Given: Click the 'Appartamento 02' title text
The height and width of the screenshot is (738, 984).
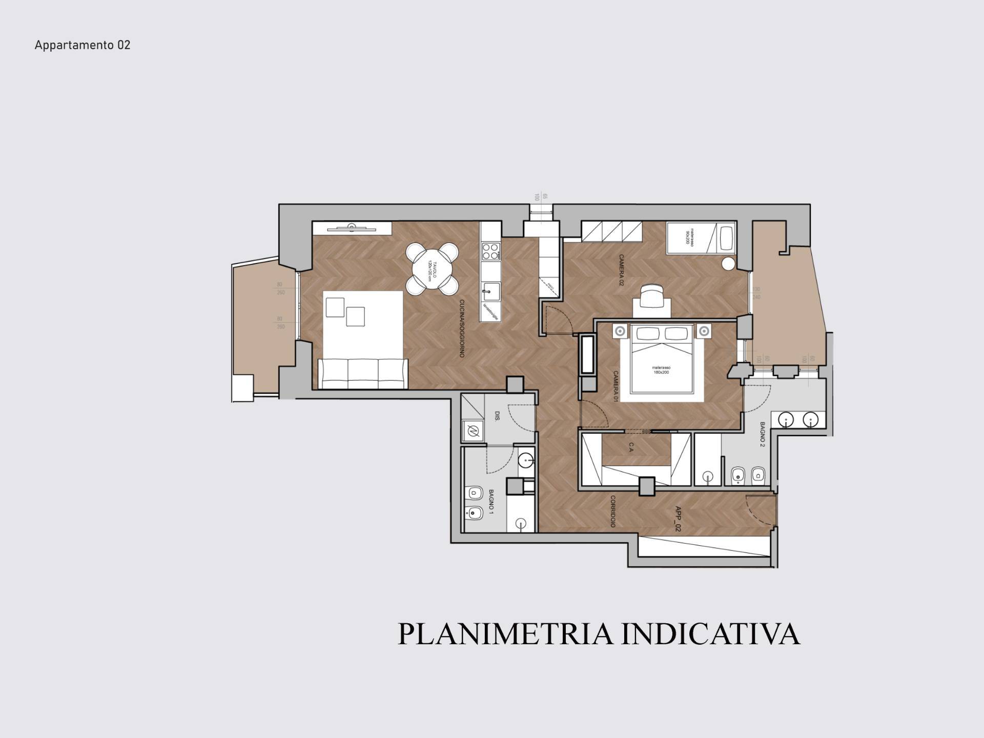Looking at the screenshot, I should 83,45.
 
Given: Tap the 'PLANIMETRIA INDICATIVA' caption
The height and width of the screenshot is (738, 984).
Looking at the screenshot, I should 598,634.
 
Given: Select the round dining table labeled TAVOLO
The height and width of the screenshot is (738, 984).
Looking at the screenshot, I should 432,269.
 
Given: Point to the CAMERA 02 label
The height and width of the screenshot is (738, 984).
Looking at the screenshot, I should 621,270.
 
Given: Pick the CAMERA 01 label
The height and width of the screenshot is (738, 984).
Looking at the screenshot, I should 616,386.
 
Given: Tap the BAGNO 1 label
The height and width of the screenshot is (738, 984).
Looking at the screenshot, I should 490,502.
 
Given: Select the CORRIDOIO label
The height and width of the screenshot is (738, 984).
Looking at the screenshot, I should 612,511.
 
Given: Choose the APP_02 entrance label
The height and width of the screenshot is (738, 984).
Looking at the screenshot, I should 678,519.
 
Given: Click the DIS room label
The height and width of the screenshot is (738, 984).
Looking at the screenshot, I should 497,416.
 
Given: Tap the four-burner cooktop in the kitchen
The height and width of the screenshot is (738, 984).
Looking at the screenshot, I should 490,251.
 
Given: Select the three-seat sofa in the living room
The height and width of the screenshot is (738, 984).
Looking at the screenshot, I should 363,374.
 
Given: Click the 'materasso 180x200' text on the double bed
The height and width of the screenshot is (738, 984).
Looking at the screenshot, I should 661,370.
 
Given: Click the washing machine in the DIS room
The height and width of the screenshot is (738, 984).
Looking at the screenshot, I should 473,431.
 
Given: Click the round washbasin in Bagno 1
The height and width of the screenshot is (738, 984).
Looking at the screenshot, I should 525,460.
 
